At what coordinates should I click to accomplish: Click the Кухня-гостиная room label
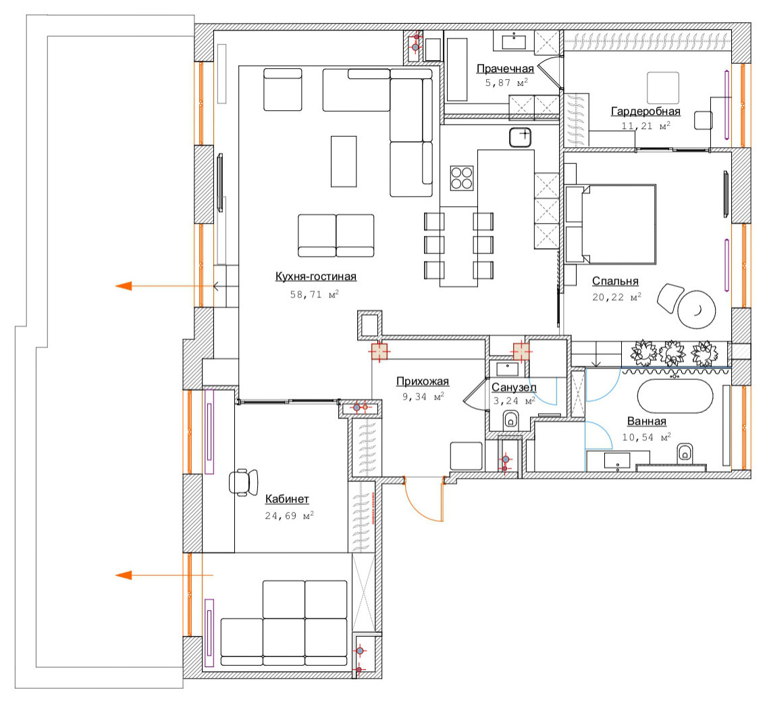pyautogui.click(x=315, y=276)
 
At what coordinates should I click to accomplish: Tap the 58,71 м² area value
pyautogui.click(x=314, y=295)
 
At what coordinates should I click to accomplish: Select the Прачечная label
pyautogui.click(x=505, y=69)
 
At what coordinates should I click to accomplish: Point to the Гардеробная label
pyautogui.click(x=645, y=112)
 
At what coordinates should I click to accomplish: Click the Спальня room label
pyautogui.click(x=615, y=281)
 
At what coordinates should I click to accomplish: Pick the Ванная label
pyautogui.click(x=647, y=421)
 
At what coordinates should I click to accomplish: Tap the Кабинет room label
pyautogui.click(x=287, y=500)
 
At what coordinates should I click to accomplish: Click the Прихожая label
pyautogui.click(x=423, y=381)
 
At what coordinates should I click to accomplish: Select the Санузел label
pyautogui.click(x=514, y=387)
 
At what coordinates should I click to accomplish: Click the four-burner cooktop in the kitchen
pyautogui.click(x=462, y=178)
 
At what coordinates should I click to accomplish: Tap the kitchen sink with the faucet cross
pyautogui.click(x=520, y=137)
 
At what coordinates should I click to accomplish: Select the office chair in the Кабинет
pyautogui.click(x=243, y=482)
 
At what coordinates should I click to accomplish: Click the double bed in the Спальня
pyautogui.click(x=610, y=224)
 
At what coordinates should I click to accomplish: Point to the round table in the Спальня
pyautogui.click(x=697, y=310)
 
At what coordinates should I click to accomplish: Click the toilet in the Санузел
pyautogui.click(x=510, y=420)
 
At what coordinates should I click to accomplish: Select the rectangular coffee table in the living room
pyautogui.click(x=344, y=161)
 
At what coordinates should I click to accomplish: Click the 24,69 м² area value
pyautogui.click(x=289, y=516)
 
